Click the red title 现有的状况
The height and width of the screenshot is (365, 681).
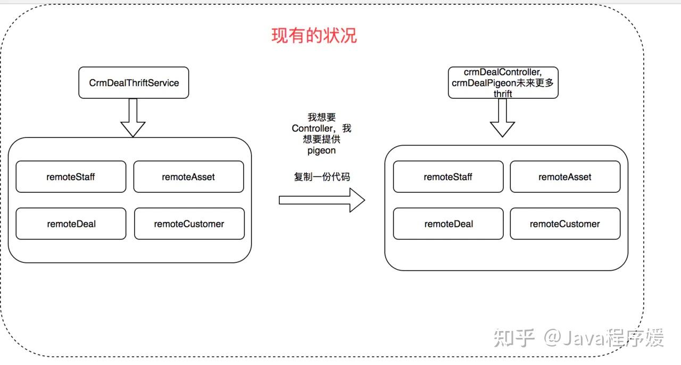coord(314,35)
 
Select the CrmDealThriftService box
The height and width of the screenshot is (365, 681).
coord(134,82)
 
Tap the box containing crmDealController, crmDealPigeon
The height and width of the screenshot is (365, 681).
coord(503,82)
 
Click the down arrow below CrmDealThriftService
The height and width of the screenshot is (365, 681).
coord(133,118)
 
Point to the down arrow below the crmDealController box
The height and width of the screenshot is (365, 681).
coord(502,118)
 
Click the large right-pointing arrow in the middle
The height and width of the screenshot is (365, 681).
coord(322,200)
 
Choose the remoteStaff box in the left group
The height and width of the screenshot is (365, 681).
coord(71,176)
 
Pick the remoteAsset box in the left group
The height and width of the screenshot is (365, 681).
coord(188,176)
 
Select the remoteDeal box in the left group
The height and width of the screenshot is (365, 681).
coord(71,224)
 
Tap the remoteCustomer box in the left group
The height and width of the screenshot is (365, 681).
coord(189,224)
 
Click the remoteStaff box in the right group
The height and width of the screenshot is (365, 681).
coord(448,177)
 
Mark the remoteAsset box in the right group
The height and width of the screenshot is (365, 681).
coord(565,177)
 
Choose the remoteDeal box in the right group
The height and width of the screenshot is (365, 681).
coord(448,224)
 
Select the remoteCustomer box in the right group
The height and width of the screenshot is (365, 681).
coord(565,224)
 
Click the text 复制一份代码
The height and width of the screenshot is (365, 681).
coord(322,177)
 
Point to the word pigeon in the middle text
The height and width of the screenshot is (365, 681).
coord(321,151)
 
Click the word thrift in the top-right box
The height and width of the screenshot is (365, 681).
coord(503,94)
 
